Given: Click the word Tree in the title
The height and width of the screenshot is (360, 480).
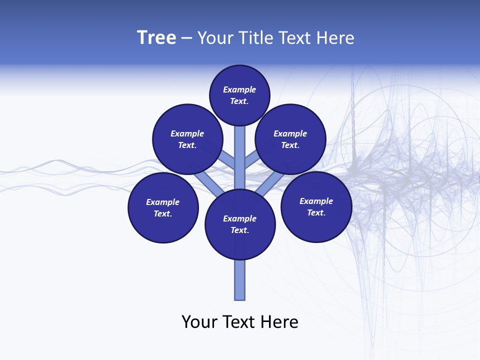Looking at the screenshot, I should pyautogui.click(x=156, y=38).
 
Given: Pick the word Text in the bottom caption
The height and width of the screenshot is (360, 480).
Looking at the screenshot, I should pyautogui.click(x=243, y=322).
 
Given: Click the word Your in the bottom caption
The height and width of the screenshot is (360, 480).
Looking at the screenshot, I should pyautogui.click(x=200, y=322).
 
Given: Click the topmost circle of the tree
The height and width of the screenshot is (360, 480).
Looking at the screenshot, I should pyautogui.click(x=239, y=95).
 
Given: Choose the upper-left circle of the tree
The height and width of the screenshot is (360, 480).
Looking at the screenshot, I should pyautogui.click(x=187, y=139).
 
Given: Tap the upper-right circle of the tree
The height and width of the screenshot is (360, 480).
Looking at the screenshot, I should pyautogui.click(x=290, y=139).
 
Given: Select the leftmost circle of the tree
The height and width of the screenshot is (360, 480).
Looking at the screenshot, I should pyautogui.click(x=163, y=207).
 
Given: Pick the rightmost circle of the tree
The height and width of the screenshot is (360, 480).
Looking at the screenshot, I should pyautogui.click(x=316, y=206).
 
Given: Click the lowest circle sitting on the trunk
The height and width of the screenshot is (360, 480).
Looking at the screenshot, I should pyautogui.click(x=240, y=224).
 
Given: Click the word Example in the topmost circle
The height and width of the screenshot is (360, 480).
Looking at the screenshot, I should pyautogui.click(x=239, y=89).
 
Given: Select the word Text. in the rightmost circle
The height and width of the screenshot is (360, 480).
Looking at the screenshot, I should pyautogui.click(x=316, y=212).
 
